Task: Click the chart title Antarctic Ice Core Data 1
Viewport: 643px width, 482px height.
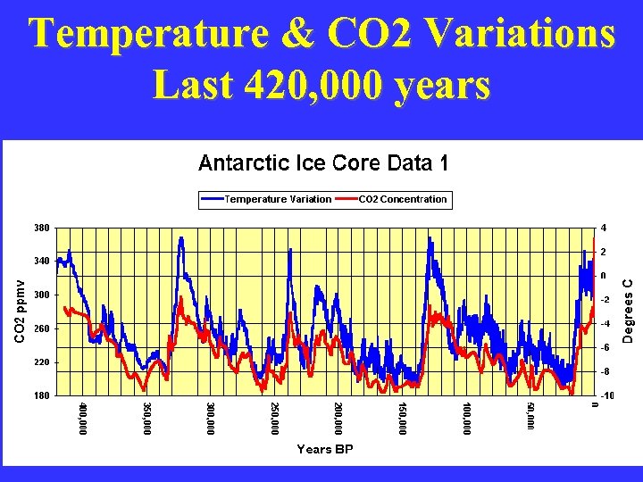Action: pyautogui.click(x=322, y=163)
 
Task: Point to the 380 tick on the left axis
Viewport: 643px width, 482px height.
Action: pyautogui.click(x=42, y=227)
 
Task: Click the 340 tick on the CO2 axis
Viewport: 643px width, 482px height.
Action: pyautogui.click(x=42, y=261)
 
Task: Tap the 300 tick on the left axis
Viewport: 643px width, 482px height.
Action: pyautogui.click(x=42, y=295)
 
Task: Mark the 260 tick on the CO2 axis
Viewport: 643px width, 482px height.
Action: pyautogui.click(x=42, y=328)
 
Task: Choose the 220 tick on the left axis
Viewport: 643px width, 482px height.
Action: pyautogui.click(x=42, y=362)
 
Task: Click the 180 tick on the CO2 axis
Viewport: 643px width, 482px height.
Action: pyautogui.click(x=42, y=395)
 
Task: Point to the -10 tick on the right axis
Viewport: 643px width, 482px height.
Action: pyautogui.click(x=606, y=395)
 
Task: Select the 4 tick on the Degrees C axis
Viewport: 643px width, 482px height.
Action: pyautogui.click(x=605, y=227)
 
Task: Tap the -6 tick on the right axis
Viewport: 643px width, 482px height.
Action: pyautogui.click(x=605, y=347)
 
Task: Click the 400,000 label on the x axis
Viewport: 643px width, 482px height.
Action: pyautogui.click(x=83, y=419)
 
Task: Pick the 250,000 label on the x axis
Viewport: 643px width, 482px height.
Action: pyautogui.click(x=274, y=419)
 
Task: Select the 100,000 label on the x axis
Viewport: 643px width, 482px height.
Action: pyautogui.click(x=465, y=419)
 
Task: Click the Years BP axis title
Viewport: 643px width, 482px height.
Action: pyautogui.click(x=324, y=450)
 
